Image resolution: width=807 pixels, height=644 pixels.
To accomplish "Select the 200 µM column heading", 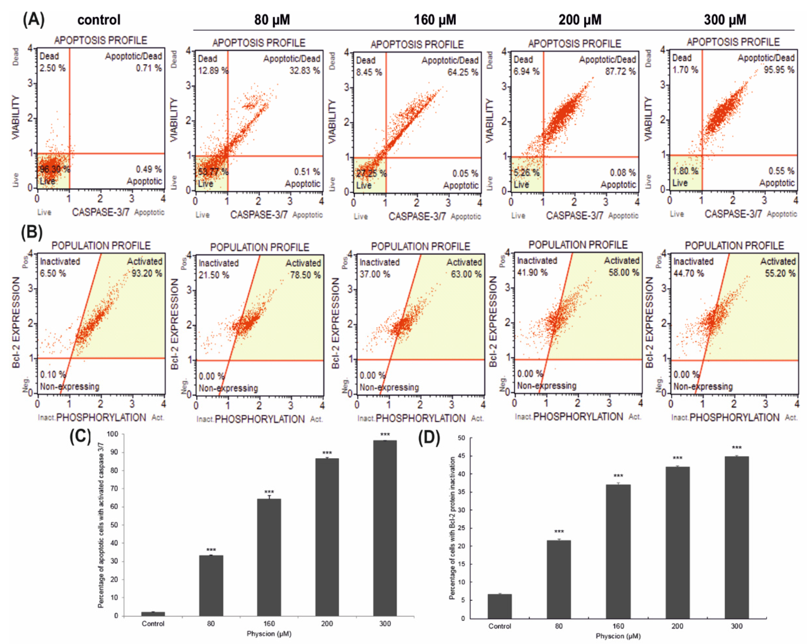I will pyautogui.click(x=580, y=19).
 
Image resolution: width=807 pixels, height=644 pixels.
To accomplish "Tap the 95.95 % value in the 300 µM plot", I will pyautogui.click(x=779, y=70).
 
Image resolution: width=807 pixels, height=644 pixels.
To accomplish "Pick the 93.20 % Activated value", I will pyautogui.click(x=147, y=273).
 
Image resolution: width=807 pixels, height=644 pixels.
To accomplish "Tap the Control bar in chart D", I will pyautogui.click(x=499, y=606).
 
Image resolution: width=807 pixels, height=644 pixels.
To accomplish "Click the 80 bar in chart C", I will pyautogui.click(x=211, y=586).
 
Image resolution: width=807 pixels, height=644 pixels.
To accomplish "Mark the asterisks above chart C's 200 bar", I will pyautogui.click(x=327, y=453).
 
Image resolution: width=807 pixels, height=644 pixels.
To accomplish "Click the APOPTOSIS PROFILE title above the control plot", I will pyautogui.click(x=100, y=40).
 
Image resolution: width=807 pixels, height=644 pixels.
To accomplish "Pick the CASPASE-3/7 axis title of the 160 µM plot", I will pyautogui.click(x=417, y=216).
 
